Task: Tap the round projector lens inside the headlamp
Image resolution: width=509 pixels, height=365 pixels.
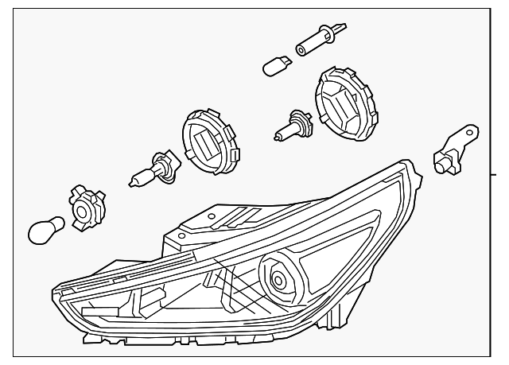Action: pyautogui.click(x=280, y=280)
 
